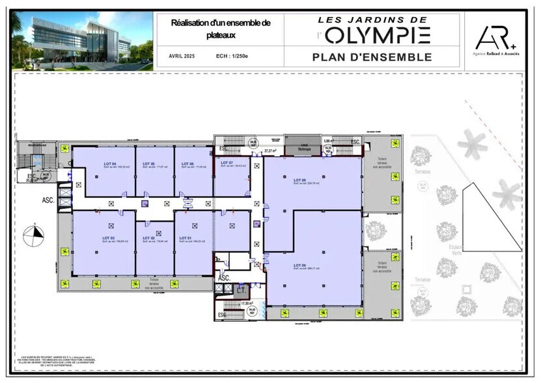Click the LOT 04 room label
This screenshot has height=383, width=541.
(x=109, y=163)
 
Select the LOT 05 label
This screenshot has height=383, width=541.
(x=148, y=163)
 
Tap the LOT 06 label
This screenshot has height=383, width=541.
(x=187, y=163)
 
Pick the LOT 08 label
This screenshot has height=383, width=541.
(x=299, y=180)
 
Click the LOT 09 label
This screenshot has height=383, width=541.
(x=299, y=265)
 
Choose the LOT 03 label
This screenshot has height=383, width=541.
(x=108, y=238)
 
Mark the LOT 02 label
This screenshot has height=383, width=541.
(x=148, y=238)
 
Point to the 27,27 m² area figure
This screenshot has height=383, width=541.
(x=270, y=151)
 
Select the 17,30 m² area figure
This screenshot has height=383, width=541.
(x=247, y=304)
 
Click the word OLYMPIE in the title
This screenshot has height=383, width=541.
(x=377, y=34)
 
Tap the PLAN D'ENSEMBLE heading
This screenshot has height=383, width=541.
(x=372, y=57)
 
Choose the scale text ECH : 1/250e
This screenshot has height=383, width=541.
(x=232, y=57)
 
